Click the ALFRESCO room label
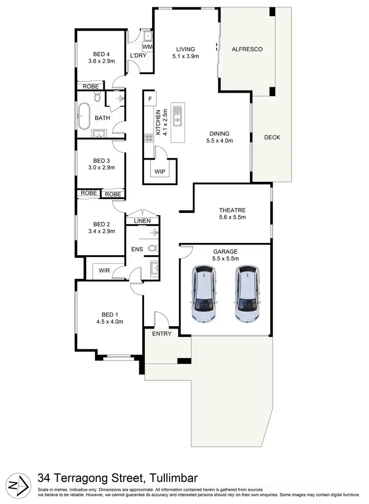pyautogui.click(x=247, y=49)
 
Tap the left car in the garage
pyautogui.click(x=204, y=294)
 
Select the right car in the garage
pyautogui.click(x=246, y=294)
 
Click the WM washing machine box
pyautogui.click(x=148, y=47)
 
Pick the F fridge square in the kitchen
pyautogui.click(x=150, y=98)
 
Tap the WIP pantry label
pyautogui.click(x=160, y=172)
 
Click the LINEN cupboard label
pyautogui.click(x=142, y=221)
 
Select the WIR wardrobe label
pyautogui.click(x=104, y=270)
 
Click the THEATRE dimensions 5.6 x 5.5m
pyautogui.click(x=232, y=217)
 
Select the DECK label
pyautogui.click(x=272, y=137)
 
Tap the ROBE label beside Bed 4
pyautogui.click(x=91, y=87)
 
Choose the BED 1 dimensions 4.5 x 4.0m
pyautogui.click(x=109, y=322)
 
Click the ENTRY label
pyautogui.click(x=162, y=334)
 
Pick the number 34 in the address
pyautogui.click(x=45, y=478)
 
